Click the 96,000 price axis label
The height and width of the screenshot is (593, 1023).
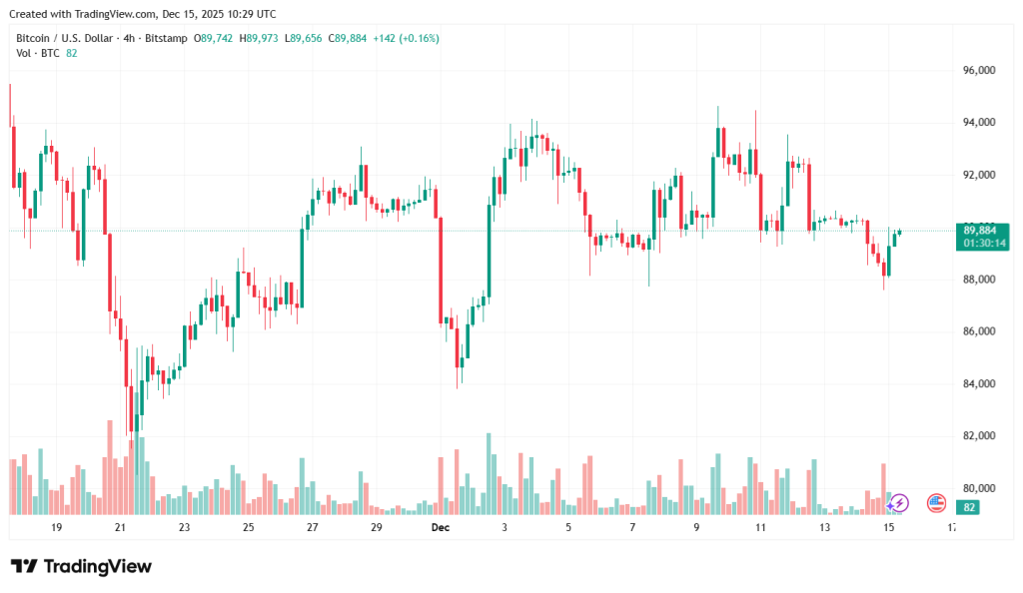[x=979, y=71]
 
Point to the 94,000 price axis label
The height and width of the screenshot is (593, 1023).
[x=979, y=123]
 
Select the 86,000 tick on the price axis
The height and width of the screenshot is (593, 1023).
[x=979, y=331]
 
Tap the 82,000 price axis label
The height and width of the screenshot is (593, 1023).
[x=979, y=436]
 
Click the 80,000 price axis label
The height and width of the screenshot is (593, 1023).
[x=979, y=488]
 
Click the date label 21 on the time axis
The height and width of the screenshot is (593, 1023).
[x=120, y=526]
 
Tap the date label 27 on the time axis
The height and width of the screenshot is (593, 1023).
[x=312, y=526]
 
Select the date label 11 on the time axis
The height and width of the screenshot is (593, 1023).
[x=760, y=526]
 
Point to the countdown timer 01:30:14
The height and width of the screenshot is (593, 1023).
[x=979, y=244]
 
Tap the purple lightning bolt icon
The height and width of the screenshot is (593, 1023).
[x=899, y=503]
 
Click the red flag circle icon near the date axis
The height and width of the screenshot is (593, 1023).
[x=936, y=503]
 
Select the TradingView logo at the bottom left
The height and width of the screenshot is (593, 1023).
[x=81, y=566]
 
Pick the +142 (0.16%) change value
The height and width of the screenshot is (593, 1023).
[x=406, y=38]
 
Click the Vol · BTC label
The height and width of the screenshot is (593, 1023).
[x=38, y=53]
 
